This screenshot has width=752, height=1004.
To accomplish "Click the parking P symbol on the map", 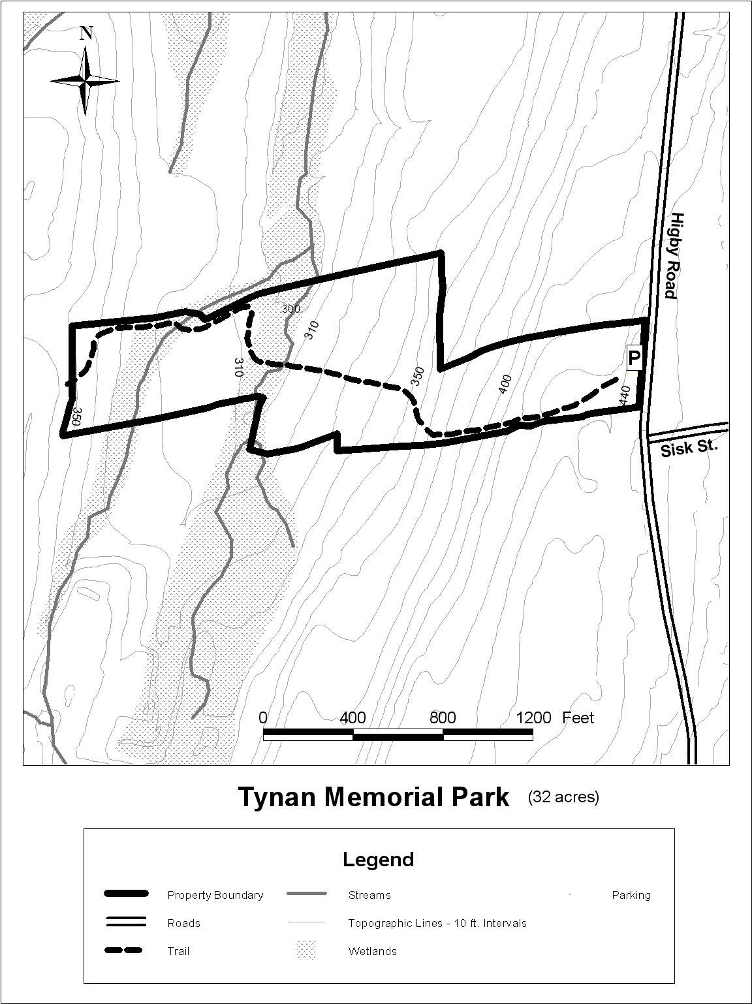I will coord(634,358).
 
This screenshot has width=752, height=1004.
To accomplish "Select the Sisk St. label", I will coord(688,448).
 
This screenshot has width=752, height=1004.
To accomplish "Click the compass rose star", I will coord(86,81).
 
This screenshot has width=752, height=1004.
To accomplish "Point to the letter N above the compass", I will coord(86,33).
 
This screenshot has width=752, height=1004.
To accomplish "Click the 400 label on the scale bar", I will coord(352,718).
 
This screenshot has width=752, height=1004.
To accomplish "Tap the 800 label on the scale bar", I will coord(443,718).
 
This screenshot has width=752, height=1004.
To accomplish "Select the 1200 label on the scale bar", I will coord(533,718).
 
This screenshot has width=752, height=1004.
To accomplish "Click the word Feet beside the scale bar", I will coord(578,718).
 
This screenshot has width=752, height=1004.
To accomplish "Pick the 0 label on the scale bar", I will coord(263,718).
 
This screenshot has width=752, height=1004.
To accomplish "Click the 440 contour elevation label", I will coord(625,396).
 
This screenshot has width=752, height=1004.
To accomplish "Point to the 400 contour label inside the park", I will coord(505,384).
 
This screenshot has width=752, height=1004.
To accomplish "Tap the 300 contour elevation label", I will coord(290,309).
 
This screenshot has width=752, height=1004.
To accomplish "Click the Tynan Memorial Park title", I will coord(373,797).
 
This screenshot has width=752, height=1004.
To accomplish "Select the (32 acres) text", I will coord(563,796).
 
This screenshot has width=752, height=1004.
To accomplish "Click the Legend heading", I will coord(379,859).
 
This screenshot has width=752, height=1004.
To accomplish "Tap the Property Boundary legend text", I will coord(215,895).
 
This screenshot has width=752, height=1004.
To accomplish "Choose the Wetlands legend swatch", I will coord(306,950).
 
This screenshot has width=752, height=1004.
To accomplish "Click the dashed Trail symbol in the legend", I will coord(125,950).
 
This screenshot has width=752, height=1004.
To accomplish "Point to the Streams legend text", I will coord(369,895).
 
